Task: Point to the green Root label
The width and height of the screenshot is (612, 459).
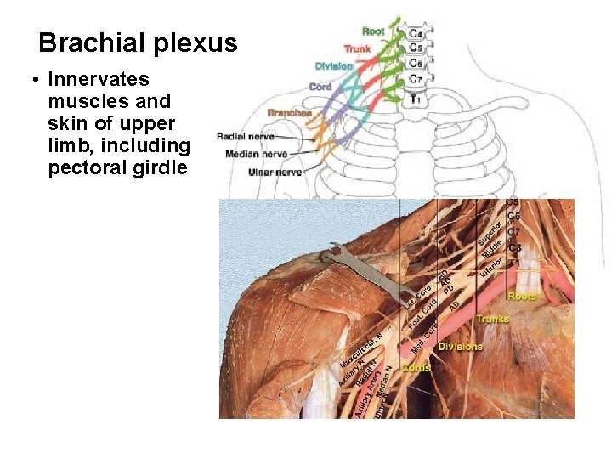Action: (x=373, y=31)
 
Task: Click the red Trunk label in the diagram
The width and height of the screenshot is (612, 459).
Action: (x=357, y=48)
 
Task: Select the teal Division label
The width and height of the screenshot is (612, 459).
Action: (x=334, y=66)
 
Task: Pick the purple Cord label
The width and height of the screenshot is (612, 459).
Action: (x=320, y=87)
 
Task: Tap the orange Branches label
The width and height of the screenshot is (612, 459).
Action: (x=289, y=113)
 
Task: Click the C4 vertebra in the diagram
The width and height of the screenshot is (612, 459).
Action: (x=415, y=33)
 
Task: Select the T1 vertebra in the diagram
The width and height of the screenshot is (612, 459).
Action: (x=415, y=99)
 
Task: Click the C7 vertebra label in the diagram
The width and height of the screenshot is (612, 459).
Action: (x=415, y=79)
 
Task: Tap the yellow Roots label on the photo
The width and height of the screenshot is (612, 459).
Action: (x=521, y=297)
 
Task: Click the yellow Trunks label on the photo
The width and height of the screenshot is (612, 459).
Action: (x=492, y=320)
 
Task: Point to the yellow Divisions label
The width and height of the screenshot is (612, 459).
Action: (x=461, y=347)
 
